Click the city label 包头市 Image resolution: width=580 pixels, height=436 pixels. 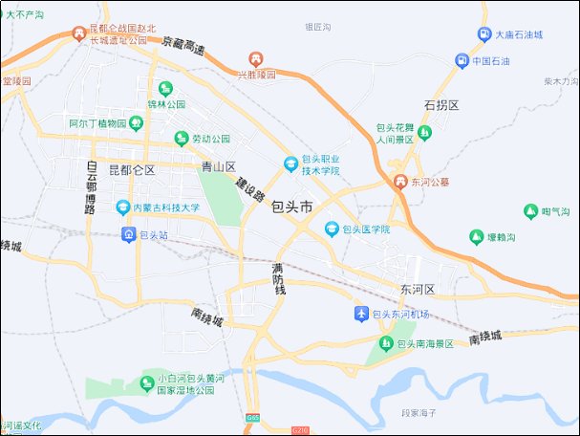(292, 207)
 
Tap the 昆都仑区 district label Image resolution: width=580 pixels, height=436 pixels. (132, 170)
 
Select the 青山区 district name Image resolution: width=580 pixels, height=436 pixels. (218, 166)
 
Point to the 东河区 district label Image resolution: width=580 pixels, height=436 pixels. (418, 289)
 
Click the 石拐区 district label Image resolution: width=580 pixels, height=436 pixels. (441, 103)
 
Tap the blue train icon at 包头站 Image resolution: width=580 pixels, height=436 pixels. (129, 233)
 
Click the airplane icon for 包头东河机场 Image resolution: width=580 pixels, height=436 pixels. (360, 314)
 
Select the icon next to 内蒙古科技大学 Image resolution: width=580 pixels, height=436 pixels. (122, 207)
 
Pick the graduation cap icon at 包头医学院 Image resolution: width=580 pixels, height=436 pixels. (332, 229)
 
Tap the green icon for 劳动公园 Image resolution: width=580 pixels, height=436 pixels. (180, 140)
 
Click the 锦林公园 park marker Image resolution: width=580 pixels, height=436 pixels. (164, 89)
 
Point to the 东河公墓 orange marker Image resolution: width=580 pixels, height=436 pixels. (400, 181)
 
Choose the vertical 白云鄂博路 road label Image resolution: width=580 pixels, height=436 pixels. (91, 186)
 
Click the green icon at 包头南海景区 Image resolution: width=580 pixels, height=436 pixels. (386, 343)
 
